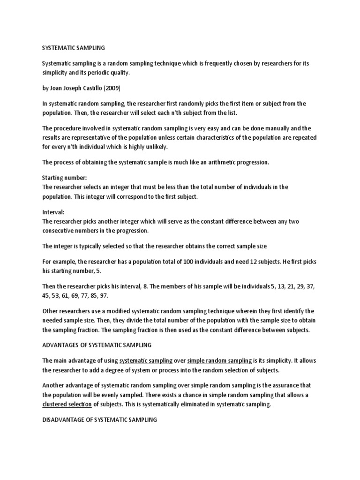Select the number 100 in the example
pos(191,261)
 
